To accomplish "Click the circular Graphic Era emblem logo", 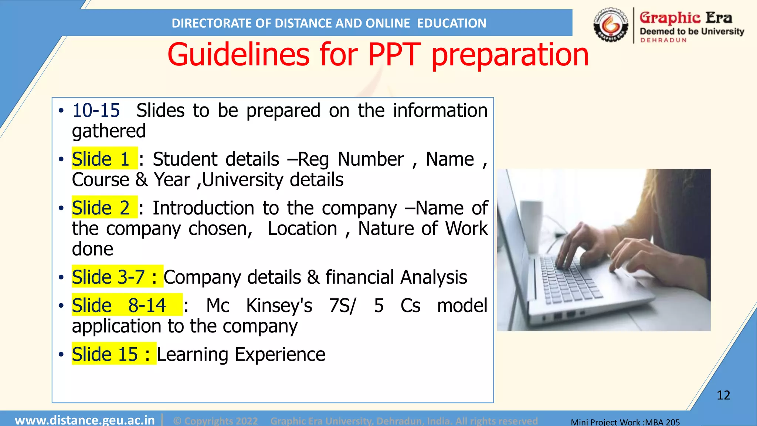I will [x=611, y=25].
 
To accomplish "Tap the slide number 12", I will [x=723, y=395].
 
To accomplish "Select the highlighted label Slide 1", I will [x=101, y=159].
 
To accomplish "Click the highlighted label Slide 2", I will [x=101, y=208].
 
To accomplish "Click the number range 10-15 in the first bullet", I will [x=96, y=111].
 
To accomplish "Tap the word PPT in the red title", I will [x=394, y=55].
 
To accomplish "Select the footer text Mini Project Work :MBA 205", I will [x=625, y=422].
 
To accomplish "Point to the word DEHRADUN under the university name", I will [x=663, y=40].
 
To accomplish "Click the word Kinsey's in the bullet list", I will [x=279, y=306].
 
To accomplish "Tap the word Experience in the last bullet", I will [x=280, y=355].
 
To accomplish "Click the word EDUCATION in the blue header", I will [x=452, y=23].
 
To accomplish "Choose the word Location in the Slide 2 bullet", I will [x=302, y=229].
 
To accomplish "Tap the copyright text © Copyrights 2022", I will [x=215, y=421].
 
